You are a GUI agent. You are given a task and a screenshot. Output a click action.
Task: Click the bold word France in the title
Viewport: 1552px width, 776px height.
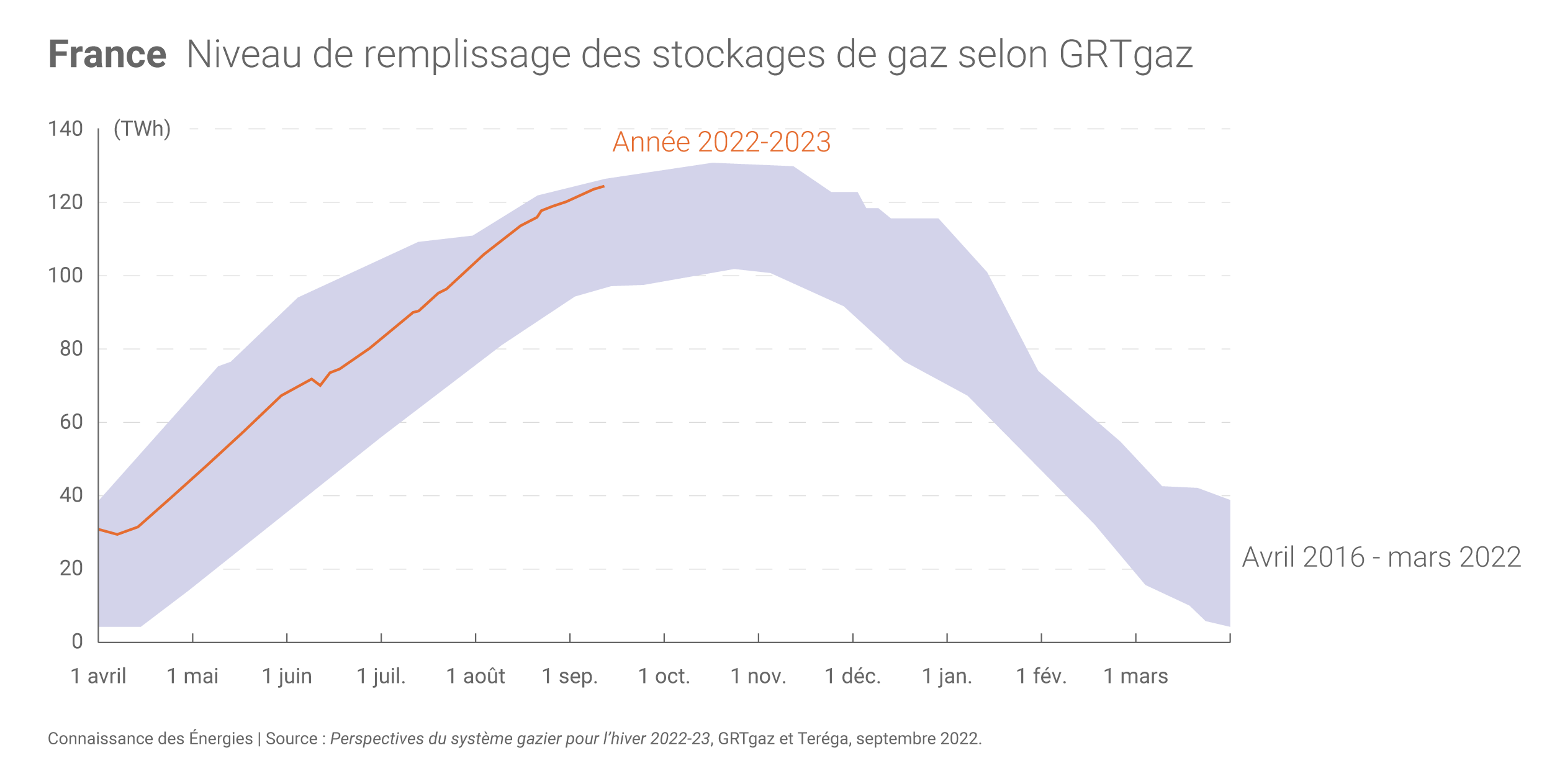click(107, 55)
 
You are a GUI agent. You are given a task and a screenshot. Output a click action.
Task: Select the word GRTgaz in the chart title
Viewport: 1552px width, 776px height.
click(1125, 55)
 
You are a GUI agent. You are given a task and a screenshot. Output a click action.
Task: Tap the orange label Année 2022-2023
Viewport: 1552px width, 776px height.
click(721, 142)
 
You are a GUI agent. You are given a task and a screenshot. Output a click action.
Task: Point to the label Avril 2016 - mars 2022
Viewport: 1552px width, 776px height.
click(1381, 557)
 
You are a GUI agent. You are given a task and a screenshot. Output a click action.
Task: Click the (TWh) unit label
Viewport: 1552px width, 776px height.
click(142, 129)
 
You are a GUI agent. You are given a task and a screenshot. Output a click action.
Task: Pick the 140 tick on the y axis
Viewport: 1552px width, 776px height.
click(65, 129)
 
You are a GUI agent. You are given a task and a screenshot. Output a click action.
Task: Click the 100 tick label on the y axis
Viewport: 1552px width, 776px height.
click(65, 276)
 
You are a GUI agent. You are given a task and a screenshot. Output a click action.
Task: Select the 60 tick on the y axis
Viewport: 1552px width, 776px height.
click(71, 422)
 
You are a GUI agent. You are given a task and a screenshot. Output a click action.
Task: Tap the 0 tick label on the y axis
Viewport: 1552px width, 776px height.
click(77, 641)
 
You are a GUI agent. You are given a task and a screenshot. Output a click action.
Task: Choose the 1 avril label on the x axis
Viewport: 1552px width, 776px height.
click(98, 676)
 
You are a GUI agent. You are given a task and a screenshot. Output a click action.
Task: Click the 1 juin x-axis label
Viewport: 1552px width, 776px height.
click(287, 676)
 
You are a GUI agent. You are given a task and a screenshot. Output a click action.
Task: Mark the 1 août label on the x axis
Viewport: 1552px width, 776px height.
click(476, 676)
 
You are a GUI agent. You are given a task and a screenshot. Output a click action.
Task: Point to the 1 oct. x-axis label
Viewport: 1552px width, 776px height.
click(664, 676)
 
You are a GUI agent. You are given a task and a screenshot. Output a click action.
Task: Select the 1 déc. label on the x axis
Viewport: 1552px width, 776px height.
click(852, 676)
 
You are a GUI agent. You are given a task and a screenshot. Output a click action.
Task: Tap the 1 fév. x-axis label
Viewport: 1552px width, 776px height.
click(1041, 676)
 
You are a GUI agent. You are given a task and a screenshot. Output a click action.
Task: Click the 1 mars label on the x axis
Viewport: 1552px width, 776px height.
click(1135, 676)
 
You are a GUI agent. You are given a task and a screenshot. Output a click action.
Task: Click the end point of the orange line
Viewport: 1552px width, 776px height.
click(603, 186)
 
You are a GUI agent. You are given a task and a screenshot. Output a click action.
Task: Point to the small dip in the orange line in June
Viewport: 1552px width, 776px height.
click(320, 386)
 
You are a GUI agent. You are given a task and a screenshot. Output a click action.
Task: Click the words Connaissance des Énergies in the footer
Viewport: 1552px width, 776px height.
click(150, 739)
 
